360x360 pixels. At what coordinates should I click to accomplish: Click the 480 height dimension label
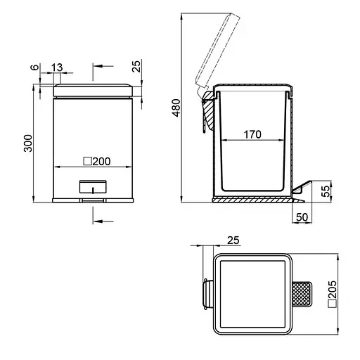(x=176, y=108)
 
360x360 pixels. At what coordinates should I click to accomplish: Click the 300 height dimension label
(x=28, y=143)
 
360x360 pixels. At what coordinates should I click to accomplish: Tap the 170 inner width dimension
(x=252, y=134)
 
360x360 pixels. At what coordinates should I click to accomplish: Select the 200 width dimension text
(x=101, y=162)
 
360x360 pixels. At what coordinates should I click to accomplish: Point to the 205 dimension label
(x=333, y=289)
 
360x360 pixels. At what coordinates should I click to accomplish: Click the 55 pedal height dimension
(x=326, y=191)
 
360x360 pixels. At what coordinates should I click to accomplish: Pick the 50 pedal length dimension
(x=302, y=217)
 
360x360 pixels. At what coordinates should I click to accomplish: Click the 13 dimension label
(x=57, y=67)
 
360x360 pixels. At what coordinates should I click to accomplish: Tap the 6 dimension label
(x=34, y=67)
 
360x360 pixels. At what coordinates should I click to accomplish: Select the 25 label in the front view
(x=136, y=66)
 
